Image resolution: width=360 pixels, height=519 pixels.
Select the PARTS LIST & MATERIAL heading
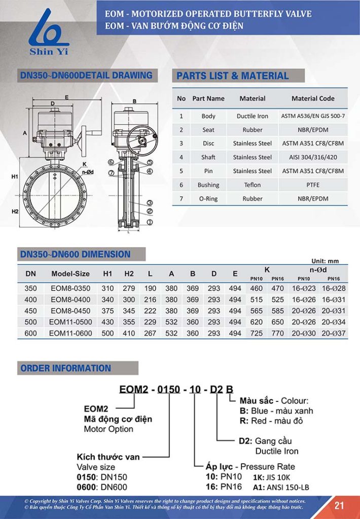pyautogui.click(x=232, y=76)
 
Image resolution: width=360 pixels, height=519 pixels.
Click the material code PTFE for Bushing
pyautogui.click(x=313, y=185)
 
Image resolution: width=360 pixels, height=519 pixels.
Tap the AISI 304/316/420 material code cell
pyautogui.click(x=313, y=157)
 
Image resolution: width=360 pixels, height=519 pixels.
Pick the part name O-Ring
pyautogui.click(x=208, y=199)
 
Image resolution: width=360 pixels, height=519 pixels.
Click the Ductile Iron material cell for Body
pyautogui.click(x=252, y=116)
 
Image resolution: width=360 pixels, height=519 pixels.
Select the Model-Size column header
pyautogui.click(x=70, y=274)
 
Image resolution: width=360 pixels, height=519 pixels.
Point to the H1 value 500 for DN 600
pyautogui.click(x=107, y=333)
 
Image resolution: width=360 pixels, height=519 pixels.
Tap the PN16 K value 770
pyautogui.click(x=278, y=333)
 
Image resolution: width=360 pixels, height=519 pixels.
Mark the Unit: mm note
pyautogui.click(x=325, y=261)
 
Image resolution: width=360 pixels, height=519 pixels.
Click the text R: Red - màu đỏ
pyautogui.click(x=271, y=421)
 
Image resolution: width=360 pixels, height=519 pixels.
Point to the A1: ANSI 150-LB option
pyautogui.click(x=281, y=488)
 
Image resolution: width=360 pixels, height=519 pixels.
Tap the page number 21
pyautogui.click(x=339, y=505)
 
